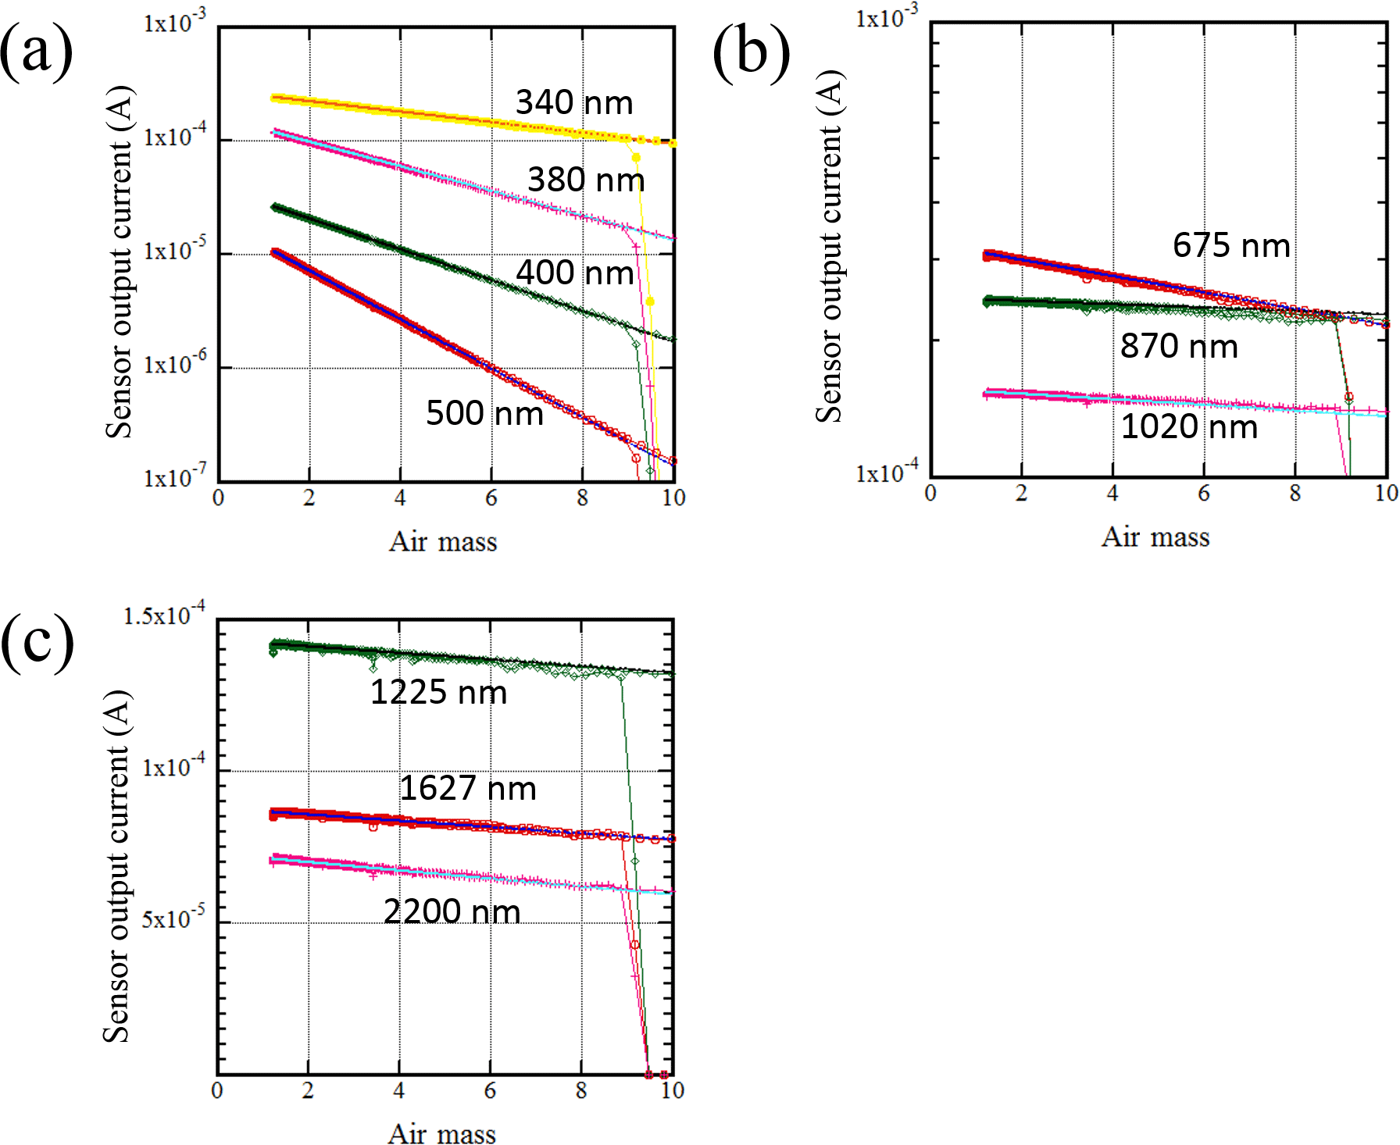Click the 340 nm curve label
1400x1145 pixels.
coord(574,102)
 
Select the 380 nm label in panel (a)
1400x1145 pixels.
coord(586,180)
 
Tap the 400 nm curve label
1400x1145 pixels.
coord(574,273)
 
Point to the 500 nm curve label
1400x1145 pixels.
coord(484,412)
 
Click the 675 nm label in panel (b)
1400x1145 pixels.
coord(1231,245)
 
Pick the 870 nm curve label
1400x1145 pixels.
coord(1179,345)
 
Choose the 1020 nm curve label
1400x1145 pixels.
coord(1189,426)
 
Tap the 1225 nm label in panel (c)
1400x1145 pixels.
coord(438,692)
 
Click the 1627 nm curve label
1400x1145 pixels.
coord(468,788)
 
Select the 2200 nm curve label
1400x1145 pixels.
coord(452,911)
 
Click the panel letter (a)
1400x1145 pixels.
coord(36,52)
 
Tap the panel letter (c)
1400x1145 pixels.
coord(37,641)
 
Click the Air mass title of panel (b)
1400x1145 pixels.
coord(1155,537)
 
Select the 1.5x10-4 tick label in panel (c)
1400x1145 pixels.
coord(164,615)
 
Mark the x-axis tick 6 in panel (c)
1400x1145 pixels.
coord(490,1090)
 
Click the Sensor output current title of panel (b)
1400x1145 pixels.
coord(830,246)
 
